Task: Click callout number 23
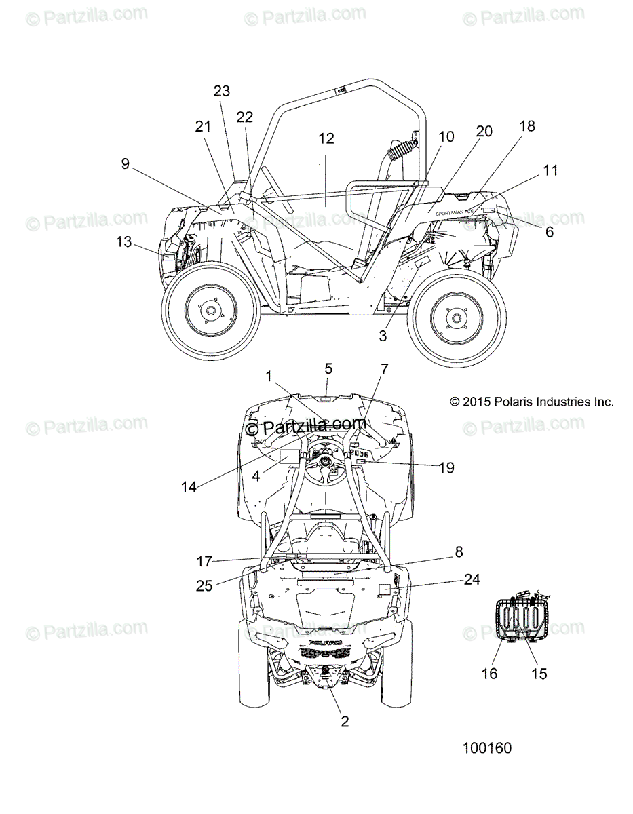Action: coord(221,91)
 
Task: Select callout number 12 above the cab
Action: coord(326,138)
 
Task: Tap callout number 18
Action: coord(527,126)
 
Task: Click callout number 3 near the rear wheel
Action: coord(383,335)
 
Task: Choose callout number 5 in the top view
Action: coord(328,369)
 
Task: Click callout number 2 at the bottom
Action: coord(345,722)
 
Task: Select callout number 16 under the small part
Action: coord(508,673)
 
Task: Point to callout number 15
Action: coord(539,673)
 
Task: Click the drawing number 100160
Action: coord(486,749)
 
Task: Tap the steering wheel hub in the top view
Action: coord(328,461)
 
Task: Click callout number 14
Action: coord(189,487)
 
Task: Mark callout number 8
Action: coord(459,552)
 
